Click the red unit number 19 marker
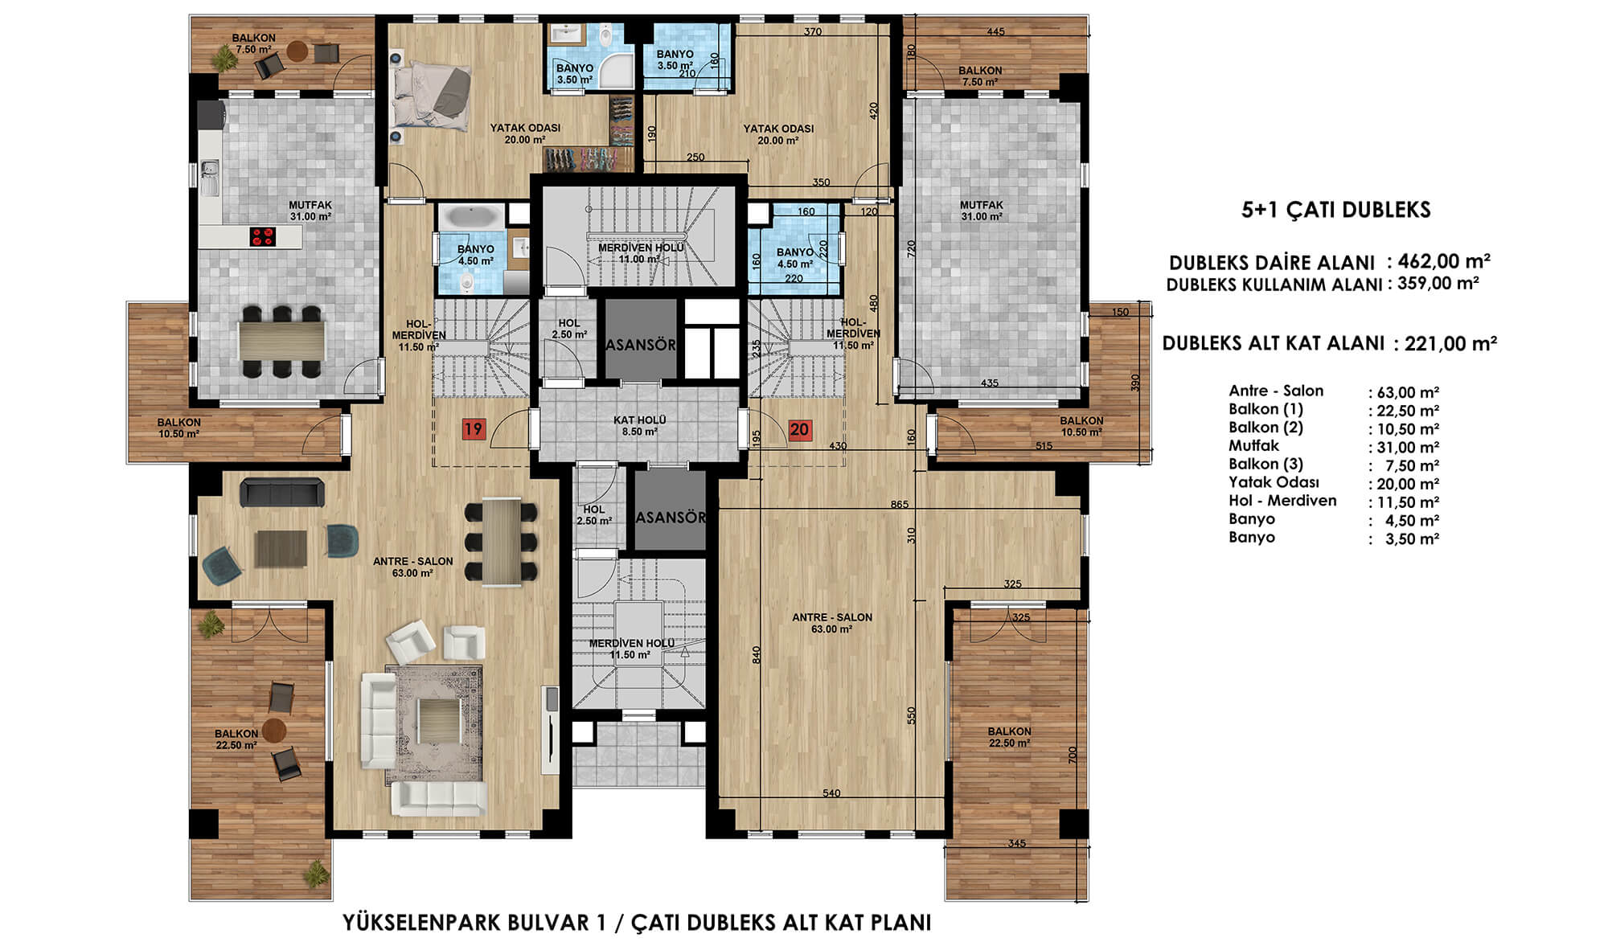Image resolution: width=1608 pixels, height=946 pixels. point(473,428)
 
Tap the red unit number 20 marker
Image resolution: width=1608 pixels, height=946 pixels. point(799,429)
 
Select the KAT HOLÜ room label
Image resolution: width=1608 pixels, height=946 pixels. point(639,420)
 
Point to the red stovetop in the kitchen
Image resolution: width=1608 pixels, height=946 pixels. point(263,236)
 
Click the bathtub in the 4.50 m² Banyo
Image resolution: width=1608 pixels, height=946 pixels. point(470,217)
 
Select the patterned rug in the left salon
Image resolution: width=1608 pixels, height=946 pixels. point(434,723)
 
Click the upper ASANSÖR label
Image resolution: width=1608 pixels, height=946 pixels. point(641,345)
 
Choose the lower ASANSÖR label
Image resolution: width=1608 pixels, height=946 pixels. point(671,517)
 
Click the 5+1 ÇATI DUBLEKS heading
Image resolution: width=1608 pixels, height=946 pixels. point(1336,211)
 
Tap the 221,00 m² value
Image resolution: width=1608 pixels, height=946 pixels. point(1451,343)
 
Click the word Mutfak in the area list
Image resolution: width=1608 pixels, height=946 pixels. point(1253,445)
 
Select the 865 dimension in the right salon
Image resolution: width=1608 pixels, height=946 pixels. point(899,505)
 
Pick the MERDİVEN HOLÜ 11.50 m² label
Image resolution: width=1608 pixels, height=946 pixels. point(630,649)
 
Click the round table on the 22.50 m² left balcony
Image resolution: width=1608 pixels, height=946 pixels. point(274,730)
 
